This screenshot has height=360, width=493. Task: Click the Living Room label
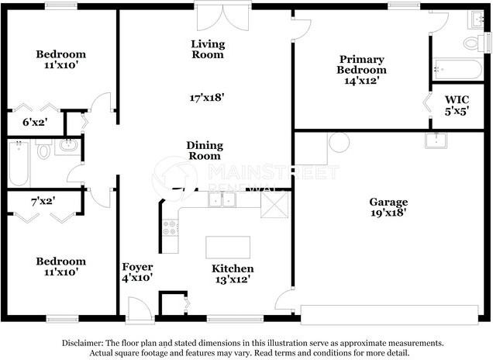(208, 50)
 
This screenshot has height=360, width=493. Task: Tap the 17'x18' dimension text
(208, 98)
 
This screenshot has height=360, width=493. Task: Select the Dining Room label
(205, 151)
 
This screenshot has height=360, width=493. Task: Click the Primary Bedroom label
(361, 70)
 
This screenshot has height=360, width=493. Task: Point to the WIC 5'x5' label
(457, 106)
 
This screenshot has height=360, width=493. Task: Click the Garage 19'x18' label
(389, 208)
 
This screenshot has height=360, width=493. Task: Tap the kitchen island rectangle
(228, 247)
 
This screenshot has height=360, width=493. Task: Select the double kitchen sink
(222, 199)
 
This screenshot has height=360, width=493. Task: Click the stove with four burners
(169, 227)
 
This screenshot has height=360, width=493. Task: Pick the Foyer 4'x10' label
(136, 272)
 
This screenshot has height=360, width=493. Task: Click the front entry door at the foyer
(140, 311)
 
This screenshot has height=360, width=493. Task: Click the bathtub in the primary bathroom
(457, 69)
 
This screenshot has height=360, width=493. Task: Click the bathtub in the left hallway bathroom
(19, 162)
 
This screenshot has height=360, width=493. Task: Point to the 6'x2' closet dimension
(34, 122)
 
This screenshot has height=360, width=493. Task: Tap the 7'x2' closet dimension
(42, 202)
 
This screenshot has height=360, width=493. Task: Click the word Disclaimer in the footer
(83, 342)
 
